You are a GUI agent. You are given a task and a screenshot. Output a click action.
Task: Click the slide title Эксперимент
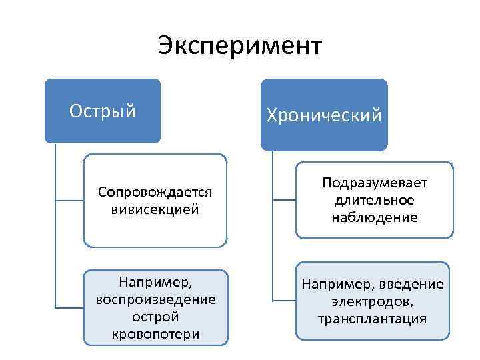240,46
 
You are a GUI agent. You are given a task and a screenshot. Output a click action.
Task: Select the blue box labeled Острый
103,111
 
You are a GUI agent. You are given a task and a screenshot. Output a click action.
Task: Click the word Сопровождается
155,192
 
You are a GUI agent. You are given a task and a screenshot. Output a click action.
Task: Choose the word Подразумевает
375,183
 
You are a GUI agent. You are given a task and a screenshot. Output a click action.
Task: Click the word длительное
375,200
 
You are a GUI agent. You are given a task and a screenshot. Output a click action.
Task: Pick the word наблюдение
375,217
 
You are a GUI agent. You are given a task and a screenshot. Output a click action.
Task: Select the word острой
155,316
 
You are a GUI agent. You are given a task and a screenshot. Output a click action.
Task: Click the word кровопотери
155,333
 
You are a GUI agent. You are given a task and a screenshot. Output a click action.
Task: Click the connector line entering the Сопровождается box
69,199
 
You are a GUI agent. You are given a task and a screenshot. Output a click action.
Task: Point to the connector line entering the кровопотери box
69,307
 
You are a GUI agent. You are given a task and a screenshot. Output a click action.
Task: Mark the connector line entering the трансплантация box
284,301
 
